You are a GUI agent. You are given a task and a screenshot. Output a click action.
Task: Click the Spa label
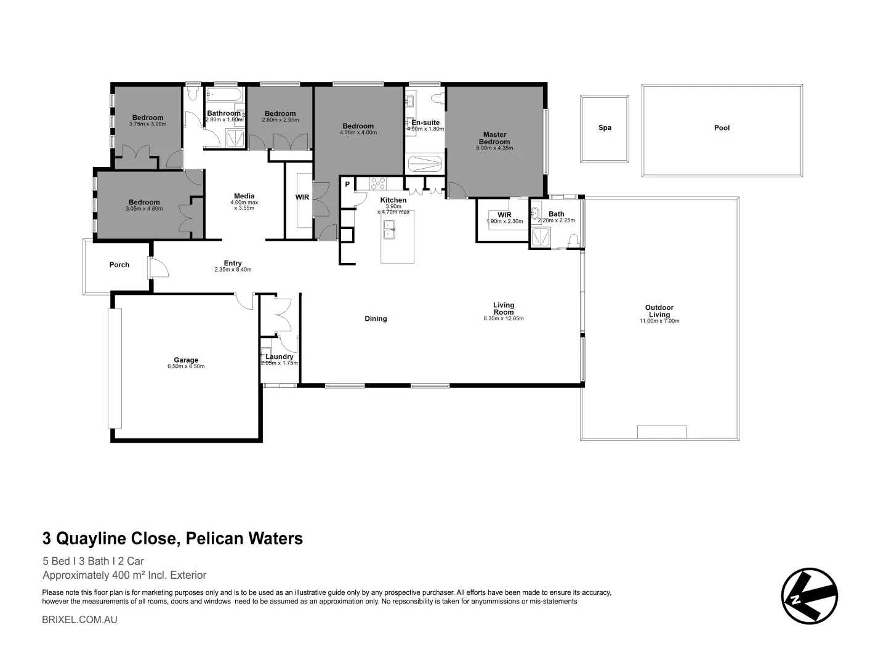pos(605,128)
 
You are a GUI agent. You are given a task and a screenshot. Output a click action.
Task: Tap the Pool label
pos(722,128)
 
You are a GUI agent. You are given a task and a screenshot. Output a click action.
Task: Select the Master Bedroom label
pos(494,138)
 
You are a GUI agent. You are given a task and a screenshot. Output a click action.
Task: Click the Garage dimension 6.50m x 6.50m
pos(186,367)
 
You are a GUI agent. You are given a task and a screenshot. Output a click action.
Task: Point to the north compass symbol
pos(809,596)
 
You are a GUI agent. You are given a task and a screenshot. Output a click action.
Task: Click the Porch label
pos(119,265)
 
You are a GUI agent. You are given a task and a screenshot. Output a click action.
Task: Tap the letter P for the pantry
pos(347,184)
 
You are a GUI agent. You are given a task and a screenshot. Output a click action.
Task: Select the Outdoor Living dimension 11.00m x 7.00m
pos(659,321)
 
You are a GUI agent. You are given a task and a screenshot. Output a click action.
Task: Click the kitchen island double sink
pos(389,230)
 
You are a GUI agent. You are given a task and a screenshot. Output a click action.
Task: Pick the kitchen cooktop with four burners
pos(377,183)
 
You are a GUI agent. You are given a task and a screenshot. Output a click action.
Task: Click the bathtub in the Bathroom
pos(225,95)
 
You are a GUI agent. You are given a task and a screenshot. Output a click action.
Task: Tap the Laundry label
pos(280,357)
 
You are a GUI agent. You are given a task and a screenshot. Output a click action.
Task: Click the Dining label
pos(376,318)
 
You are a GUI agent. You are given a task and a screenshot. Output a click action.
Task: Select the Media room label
pos(244,196)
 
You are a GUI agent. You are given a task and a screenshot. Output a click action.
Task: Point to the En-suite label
pos(425,123)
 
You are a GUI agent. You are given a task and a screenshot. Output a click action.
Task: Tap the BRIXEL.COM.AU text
pos(79,619)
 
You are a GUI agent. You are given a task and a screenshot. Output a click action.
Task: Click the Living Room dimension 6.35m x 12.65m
pos(503,319)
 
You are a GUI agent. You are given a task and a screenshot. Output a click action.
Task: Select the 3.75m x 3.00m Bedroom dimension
pos(148,124)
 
